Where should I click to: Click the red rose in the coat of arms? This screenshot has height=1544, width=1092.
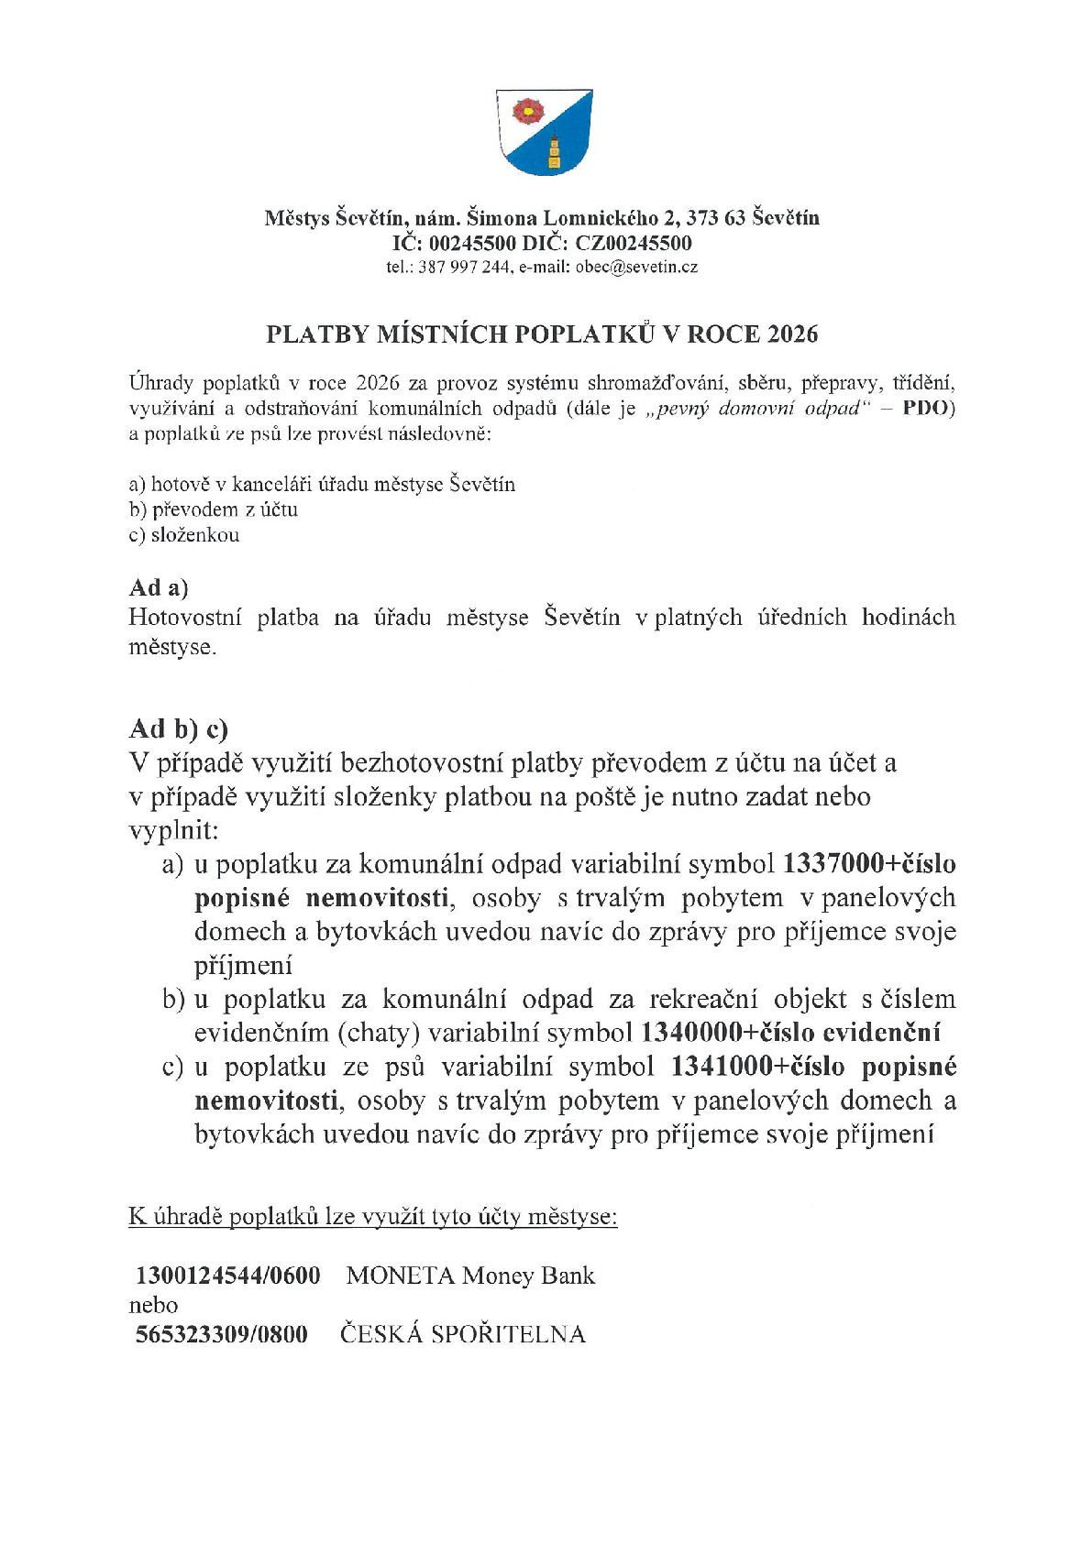(x=527, y=112)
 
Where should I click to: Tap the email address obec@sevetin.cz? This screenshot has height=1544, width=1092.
(x=636, y=268)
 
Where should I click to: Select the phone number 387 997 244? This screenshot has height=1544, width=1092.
(x=464, y=268)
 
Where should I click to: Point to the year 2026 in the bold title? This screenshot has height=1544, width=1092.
(x=792, y=334)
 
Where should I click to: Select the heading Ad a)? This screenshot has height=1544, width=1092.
(x=159, y=587)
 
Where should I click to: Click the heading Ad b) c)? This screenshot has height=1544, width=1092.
(x=178, y=728)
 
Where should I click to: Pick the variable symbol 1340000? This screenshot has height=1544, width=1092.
(x=692, y=1033)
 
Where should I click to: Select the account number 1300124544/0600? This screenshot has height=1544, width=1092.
(x=228, y=1276)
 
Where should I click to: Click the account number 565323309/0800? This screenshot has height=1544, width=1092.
(x=222, y=1334)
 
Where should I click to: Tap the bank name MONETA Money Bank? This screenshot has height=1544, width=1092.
(x=470, y=1276)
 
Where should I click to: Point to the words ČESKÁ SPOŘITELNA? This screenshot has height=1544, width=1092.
(x=462, y=1334)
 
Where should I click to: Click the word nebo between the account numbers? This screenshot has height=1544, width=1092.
(x=153, y=1305)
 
